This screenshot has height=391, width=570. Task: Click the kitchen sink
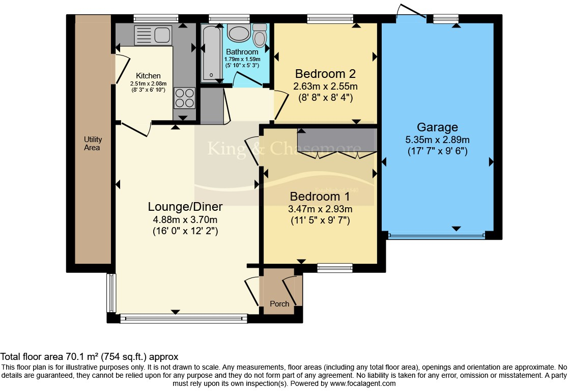153,35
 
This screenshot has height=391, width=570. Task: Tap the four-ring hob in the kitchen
185,98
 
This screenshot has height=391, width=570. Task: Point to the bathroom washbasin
237,34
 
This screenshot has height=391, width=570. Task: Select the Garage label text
437,127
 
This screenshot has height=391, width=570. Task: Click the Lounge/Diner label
185,207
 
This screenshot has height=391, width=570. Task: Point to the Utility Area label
93,144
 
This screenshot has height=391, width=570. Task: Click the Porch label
279,304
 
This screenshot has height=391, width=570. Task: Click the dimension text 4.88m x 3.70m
185,219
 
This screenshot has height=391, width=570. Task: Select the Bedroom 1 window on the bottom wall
334,267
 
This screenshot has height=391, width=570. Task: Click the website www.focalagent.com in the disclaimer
362,383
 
